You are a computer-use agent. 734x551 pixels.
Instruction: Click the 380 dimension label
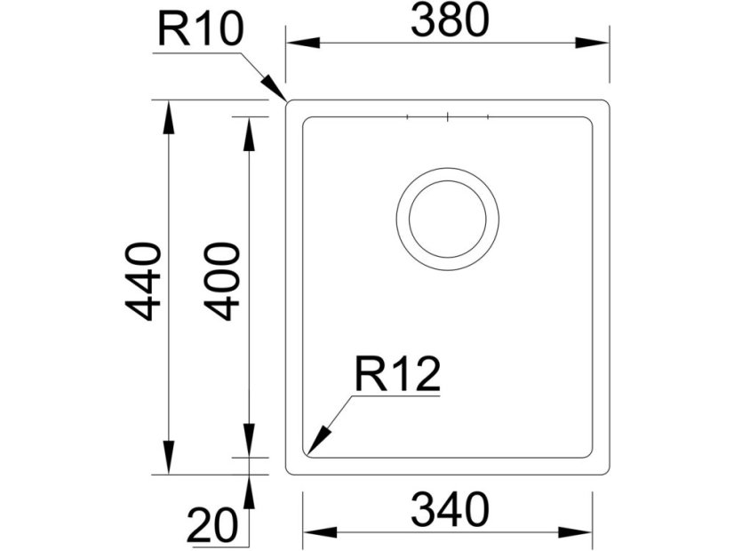450,21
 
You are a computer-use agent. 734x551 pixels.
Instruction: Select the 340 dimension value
450,510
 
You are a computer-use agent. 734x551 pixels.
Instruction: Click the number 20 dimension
212,524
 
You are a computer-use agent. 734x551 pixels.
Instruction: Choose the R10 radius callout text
200,31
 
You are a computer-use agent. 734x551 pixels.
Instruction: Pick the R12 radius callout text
397,376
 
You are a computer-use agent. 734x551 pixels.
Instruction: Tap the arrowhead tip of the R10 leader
284,100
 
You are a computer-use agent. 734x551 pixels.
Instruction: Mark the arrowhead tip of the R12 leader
307,454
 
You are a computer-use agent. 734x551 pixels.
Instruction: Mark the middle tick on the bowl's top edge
448,116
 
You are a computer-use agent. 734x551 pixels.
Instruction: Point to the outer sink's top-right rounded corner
606,103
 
